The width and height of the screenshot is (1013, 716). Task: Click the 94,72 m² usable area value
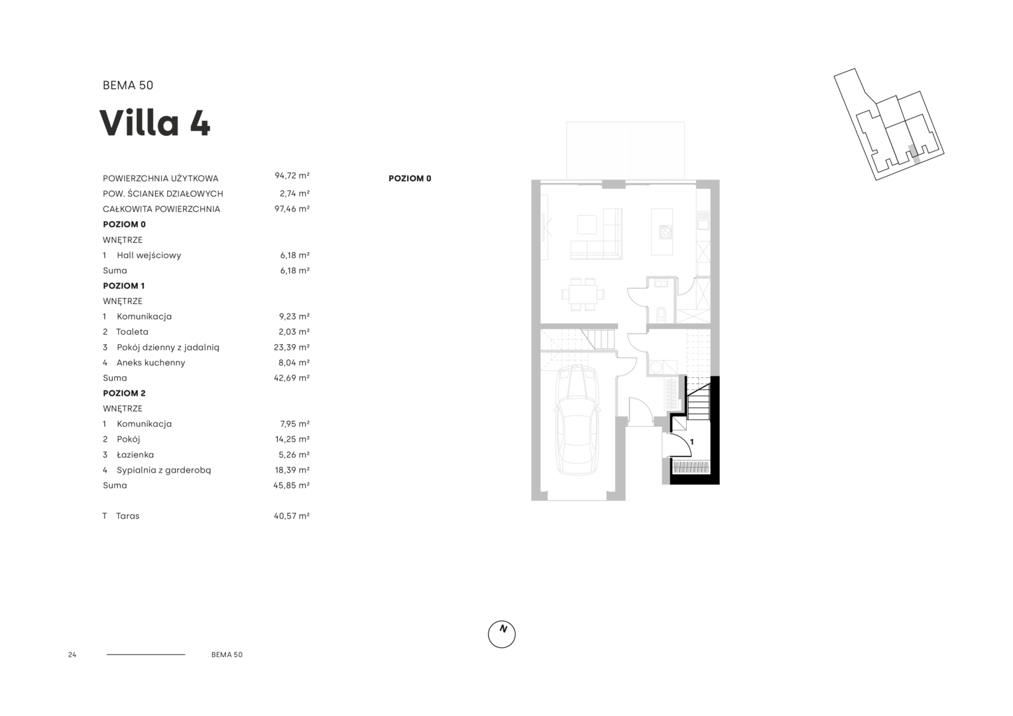pyautogui.click(x=292, y=176)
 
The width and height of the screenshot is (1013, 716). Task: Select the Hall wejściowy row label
pyautogui.click(x=149, y=255)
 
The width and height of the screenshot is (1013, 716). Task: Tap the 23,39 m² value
pyautogui.click(x=292, y=347)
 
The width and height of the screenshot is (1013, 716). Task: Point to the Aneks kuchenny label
pyautogui.click(x=150, y=362)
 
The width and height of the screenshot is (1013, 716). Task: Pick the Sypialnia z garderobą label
pyautogui.click(x=164, y=470)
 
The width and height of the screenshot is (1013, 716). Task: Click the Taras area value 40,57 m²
pyautogui.click(x=292, y=516)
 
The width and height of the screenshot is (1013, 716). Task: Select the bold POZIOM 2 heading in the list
pyautogui.click(x=125, y=393)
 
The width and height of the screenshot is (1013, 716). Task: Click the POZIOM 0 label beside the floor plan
pyautogui.click(x=410, y=178)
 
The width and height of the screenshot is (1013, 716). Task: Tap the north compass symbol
pyautogui.click(x=501, y=634)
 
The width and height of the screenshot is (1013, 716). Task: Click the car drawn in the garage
pyautogui.click(x=577, y=420)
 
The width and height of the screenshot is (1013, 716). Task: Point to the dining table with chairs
pyautogui.click(x=583, y=294)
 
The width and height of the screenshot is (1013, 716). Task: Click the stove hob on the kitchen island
pyautogui.click(x=666, y=232)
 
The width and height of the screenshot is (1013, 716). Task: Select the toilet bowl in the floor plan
pyautogui.click(x=661, y=314)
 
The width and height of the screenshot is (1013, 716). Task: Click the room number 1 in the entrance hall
pyautogui.click(x=691, y=442)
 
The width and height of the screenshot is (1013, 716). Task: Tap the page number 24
pyautogui.click(x=72, y=654)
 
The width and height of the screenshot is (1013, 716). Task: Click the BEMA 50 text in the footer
pyautogui.click(x=227, y=654)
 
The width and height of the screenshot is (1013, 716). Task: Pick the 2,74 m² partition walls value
pyautogui.click(x=294, y=193)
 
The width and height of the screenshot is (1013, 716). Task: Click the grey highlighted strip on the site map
pyautogui.click(x=914, y=154)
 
